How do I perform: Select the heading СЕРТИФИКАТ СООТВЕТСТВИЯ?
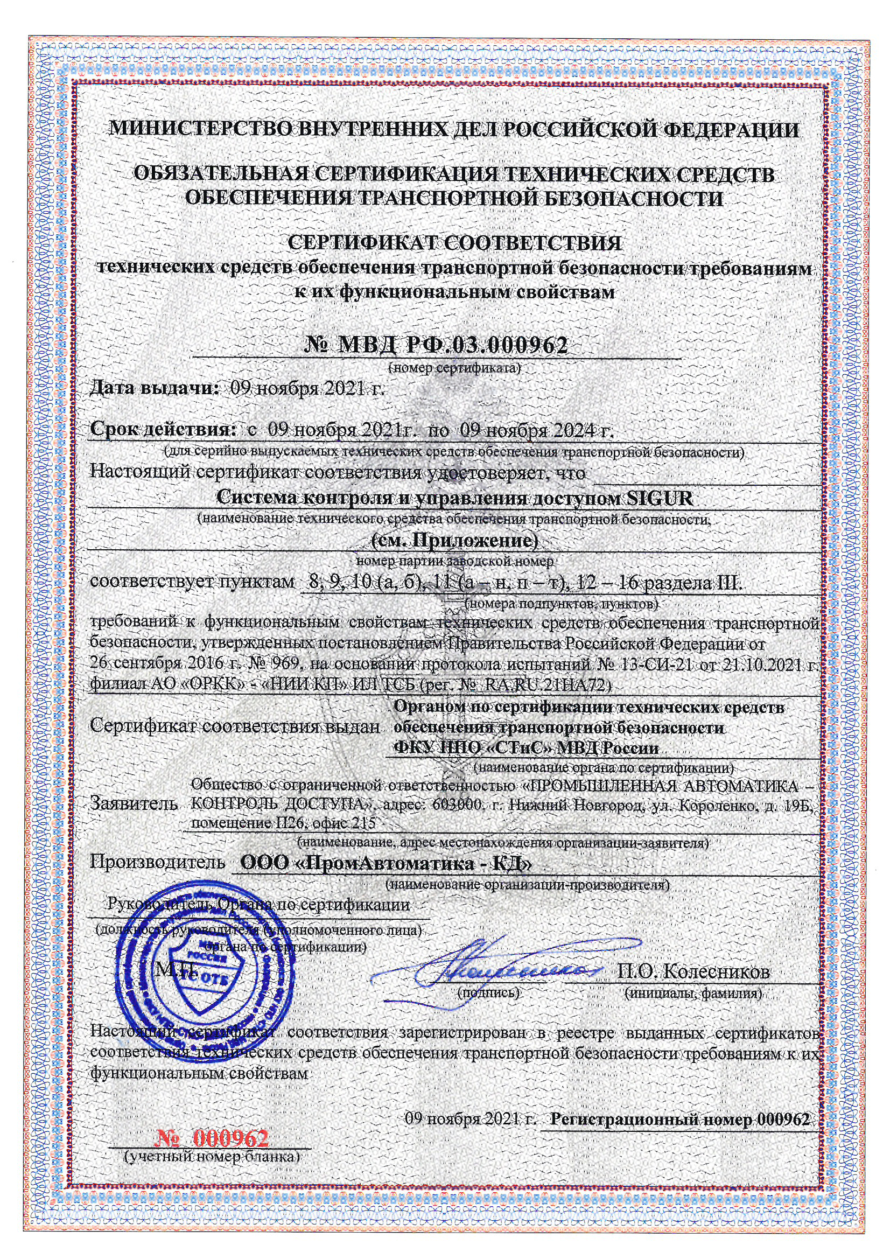[x=454, y=243]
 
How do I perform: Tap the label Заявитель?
[x=135, y=804]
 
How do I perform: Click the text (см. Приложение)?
[x=454, y=541]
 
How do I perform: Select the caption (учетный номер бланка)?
[x=212, y=1157]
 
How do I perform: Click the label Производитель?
[x=157, y=862]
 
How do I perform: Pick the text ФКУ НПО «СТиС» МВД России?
[x=526, y=748]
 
